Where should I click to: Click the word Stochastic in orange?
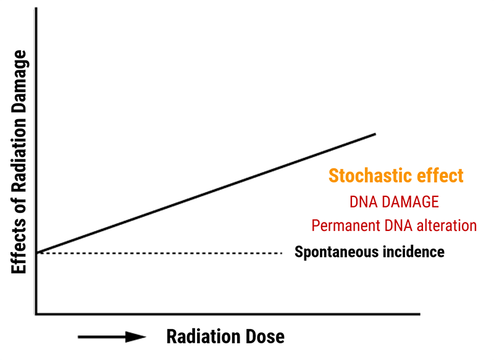(371, 175)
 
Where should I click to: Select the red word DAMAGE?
(410, 202)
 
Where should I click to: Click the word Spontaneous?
(337, 253)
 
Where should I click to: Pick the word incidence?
(414, 252)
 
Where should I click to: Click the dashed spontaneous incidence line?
(159, 253)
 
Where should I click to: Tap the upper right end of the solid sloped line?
(375, 134)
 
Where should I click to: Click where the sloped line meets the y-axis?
(36, 253)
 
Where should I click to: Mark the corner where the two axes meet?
(36, 314)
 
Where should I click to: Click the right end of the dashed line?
(282, 253)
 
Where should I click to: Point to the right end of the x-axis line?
(420, 314)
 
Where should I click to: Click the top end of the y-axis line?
(36, 8)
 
